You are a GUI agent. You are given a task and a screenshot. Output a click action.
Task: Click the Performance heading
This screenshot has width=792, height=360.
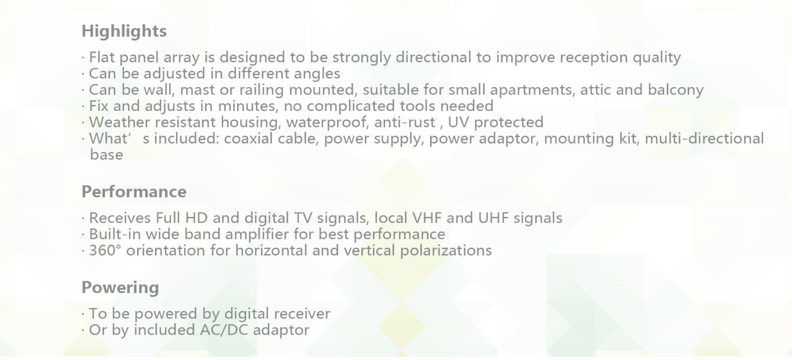pyautogui.click(x=134, y=192)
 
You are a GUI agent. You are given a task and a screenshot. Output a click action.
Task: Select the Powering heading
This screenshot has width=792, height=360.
pyautogui.click(x=120, y=288)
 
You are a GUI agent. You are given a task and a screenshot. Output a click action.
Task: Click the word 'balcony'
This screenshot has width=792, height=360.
pyautogui.click(x=676, y=90)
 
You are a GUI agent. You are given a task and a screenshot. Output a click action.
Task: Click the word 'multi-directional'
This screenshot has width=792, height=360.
pyautogui.click(x=704, y=139)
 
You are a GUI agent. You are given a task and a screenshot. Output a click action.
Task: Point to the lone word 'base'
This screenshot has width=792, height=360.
pyautogui.click(x=106, y=155)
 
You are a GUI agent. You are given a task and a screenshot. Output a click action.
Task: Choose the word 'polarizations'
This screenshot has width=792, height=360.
pyautogui.click(x=446, y=251)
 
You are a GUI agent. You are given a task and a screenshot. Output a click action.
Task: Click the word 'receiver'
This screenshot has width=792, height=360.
pyautogui.click(x=302, y=314)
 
